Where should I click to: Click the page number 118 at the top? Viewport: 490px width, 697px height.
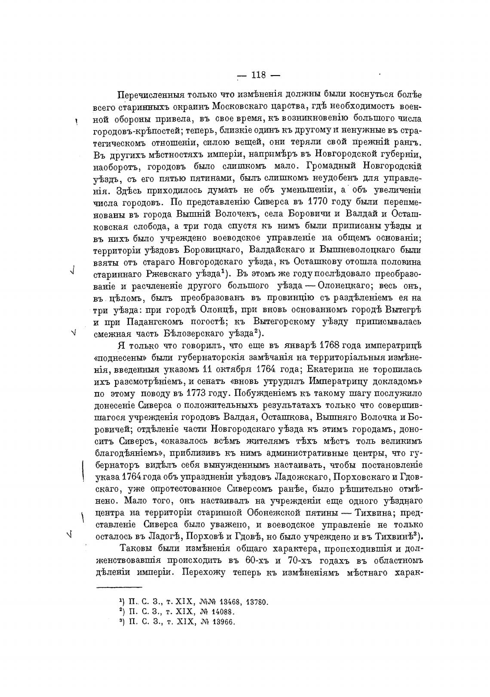click(259, 75)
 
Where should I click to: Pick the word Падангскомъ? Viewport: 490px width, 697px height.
click(152, 321)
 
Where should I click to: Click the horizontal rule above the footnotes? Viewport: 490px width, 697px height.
click(119, 587)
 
